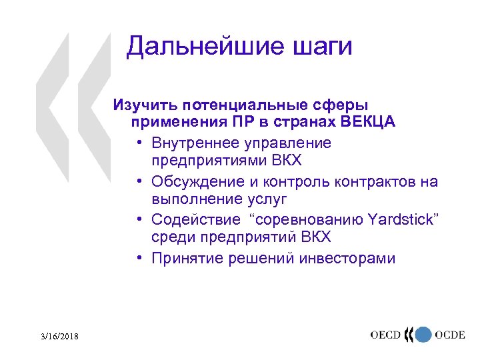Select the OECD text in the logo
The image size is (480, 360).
(x=389, y=335)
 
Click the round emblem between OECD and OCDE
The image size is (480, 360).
(x=421, y=335)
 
